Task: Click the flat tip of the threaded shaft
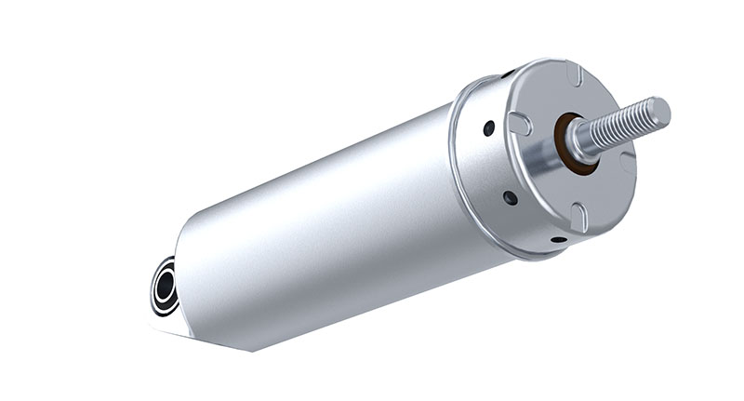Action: click(659, 111)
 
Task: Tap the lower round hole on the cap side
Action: click(510, 197)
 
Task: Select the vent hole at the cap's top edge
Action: click(509, 73)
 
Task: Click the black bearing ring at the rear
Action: click(165, 287)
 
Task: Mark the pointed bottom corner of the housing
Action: click(249, 350)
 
